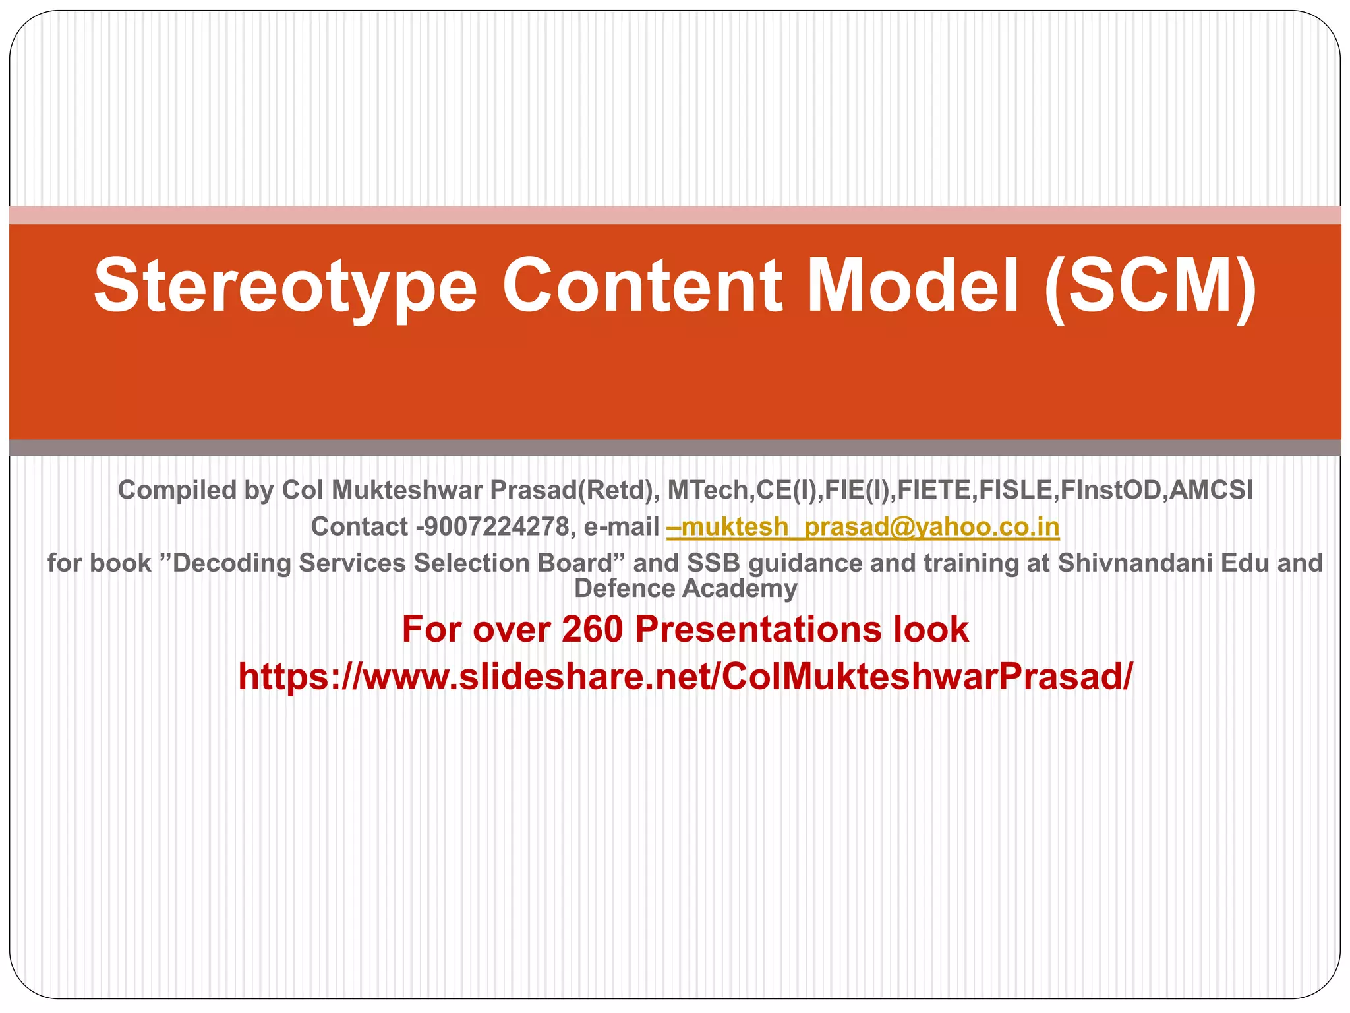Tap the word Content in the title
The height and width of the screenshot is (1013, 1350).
tap(642, 286)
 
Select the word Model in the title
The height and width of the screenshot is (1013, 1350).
tap(913, 286)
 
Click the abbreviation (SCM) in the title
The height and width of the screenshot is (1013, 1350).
tap(1150, 286)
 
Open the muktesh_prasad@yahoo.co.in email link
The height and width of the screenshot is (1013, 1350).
tap(863, 526)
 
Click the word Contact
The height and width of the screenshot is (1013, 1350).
tap(359, 526)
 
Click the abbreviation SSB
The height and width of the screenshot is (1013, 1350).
tap(714, 563)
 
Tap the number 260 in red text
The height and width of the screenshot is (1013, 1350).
tap(592, 629)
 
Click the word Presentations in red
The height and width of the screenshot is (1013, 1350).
tap(758, 629)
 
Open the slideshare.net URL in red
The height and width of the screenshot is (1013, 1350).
tap(686, 677)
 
